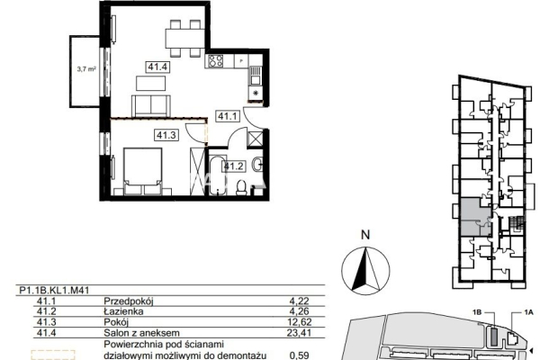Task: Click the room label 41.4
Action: point(157,67)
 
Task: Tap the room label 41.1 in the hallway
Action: point(227,116)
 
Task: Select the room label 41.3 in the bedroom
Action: point(166,135)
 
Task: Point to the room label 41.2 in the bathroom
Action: point(234,166)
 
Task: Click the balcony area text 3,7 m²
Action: point(86,69)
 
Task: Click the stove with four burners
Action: point(216,61)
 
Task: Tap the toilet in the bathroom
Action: point(241,188)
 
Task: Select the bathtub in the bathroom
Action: point(218,175)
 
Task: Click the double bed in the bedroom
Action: point(142,172)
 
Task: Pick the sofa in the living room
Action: point(151,105)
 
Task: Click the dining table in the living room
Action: point(184,39)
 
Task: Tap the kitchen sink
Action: point(255,76)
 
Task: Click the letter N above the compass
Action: point(365,235)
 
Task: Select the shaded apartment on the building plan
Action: point(476,218)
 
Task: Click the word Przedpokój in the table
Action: point(129,301)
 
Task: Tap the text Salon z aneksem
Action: point(141,333)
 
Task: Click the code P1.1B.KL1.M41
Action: point(54,291)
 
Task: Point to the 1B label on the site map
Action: point(477,312)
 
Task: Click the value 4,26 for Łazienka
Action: point(300,311)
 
